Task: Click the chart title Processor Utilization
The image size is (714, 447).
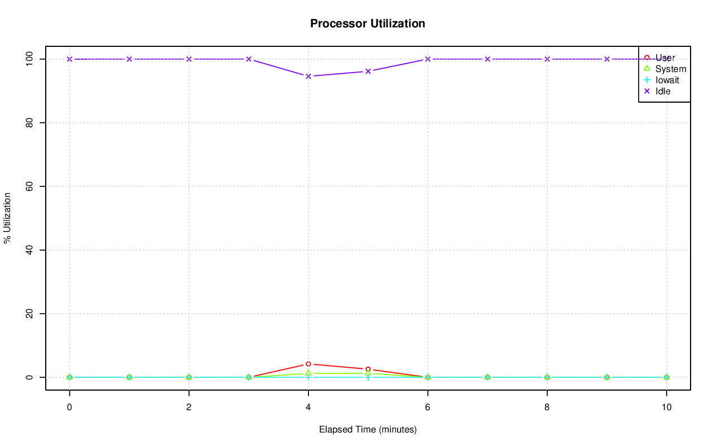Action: click(x=368, y=23)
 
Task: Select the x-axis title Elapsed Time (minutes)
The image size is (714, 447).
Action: click(x=368, y=430)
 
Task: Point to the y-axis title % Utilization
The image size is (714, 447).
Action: click(x=7, y=218)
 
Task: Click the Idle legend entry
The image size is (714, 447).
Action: click(x=663, y=91)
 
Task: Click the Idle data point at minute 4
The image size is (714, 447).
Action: click(x=308, y=76)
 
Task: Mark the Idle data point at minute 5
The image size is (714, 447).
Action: click(x=368, y=71)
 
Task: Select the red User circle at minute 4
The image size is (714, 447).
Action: click(x=308, y=364)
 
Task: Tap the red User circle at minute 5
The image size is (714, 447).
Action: click(x=368, y=369)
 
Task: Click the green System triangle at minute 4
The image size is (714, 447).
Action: click(x=308, y=373)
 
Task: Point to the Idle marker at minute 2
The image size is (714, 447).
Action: click(x=189, y=59)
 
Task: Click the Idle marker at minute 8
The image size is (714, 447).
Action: click(x=547, y=59)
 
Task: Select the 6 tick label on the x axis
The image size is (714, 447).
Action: click(x=428, y=407)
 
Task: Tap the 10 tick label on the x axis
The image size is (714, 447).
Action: click(x=667, y=407)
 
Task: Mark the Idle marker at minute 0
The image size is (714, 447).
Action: click(x=70, y=59)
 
